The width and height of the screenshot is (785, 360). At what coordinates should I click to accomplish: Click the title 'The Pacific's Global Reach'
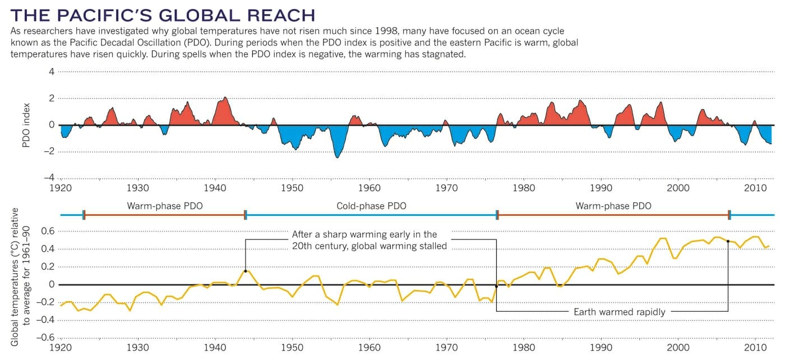(x=163, y=14)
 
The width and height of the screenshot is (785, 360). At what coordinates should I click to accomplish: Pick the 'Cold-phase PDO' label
(x=371, y=206)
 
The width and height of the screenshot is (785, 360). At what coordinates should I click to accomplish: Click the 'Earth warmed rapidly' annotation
(x=619, y=312)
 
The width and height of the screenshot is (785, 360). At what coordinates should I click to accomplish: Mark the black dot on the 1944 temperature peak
(x=246, y=271)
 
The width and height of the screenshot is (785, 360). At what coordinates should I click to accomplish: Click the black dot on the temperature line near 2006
(x=728, y=241)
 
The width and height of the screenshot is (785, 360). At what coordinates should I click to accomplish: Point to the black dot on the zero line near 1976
(x=496, y=286)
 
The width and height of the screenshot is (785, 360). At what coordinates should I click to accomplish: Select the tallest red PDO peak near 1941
(x=225, y=98)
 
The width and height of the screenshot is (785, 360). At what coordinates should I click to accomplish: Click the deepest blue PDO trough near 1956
(x=338, y=157)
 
